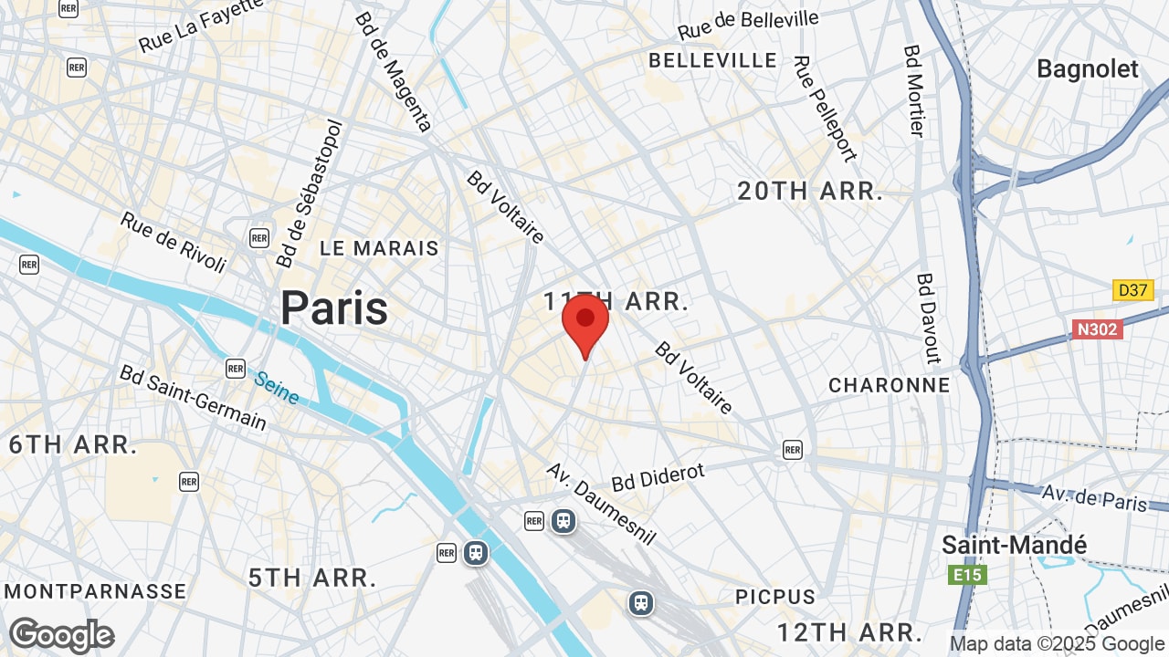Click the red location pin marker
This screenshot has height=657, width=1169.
[x=585, y=321]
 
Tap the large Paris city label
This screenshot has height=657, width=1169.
[x=334, y=308]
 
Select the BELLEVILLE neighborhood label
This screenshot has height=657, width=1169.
[x=712, y=61]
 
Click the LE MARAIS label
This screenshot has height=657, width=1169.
[x=379, y=248]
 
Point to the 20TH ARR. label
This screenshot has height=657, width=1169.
[x=810, y=192]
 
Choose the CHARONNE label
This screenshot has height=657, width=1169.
[x=889, y=385]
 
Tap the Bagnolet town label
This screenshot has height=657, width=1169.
[x=1088, y=69]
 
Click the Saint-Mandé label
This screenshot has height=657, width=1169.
[x=1014, y=546]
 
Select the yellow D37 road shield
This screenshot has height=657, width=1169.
[x=1133, y=290]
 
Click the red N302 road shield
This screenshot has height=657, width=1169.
[x=1096, y=328]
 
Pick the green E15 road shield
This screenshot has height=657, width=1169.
[x=966, y=575]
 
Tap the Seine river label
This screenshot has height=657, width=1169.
[x=277, y=387]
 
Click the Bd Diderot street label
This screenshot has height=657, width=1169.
[x=658, y=476]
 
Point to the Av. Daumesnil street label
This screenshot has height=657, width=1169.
[x=600, y=502]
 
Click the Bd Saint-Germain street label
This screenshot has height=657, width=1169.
[x=193, y=398]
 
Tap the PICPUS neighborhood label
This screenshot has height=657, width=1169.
[x=775, y=597]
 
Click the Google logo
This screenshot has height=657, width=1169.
[x=61, y=636]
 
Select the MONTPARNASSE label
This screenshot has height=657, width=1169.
[x=94, y=591]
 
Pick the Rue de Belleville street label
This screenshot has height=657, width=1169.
[x=748, y=26]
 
